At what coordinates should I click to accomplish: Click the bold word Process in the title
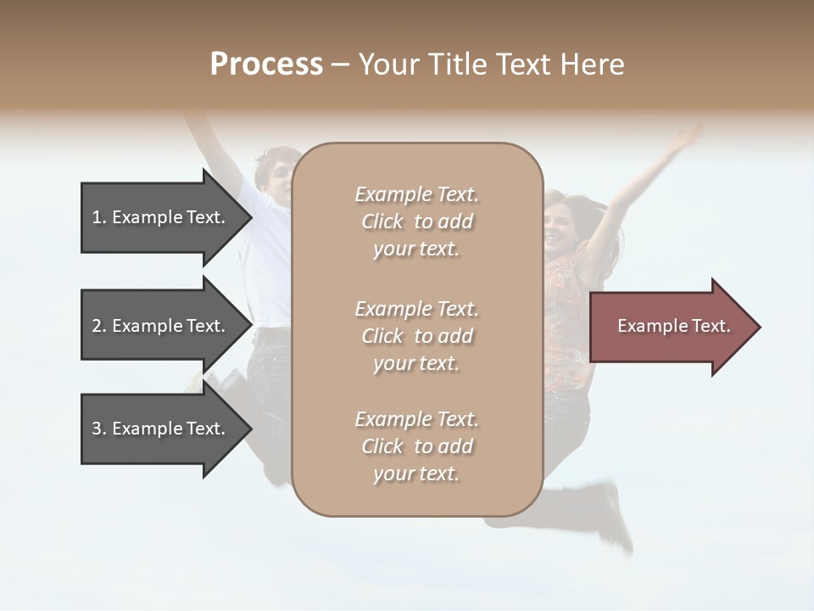[266, 64]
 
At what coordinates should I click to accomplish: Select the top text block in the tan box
[416, 221]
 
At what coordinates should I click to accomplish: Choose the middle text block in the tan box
[416, 335]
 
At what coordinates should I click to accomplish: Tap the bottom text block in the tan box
[416, 446]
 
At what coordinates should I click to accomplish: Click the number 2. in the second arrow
[98, 326]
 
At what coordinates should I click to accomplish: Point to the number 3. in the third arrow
[98, 429]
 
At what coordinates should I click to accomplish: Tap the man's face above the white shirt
[278, 174]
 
